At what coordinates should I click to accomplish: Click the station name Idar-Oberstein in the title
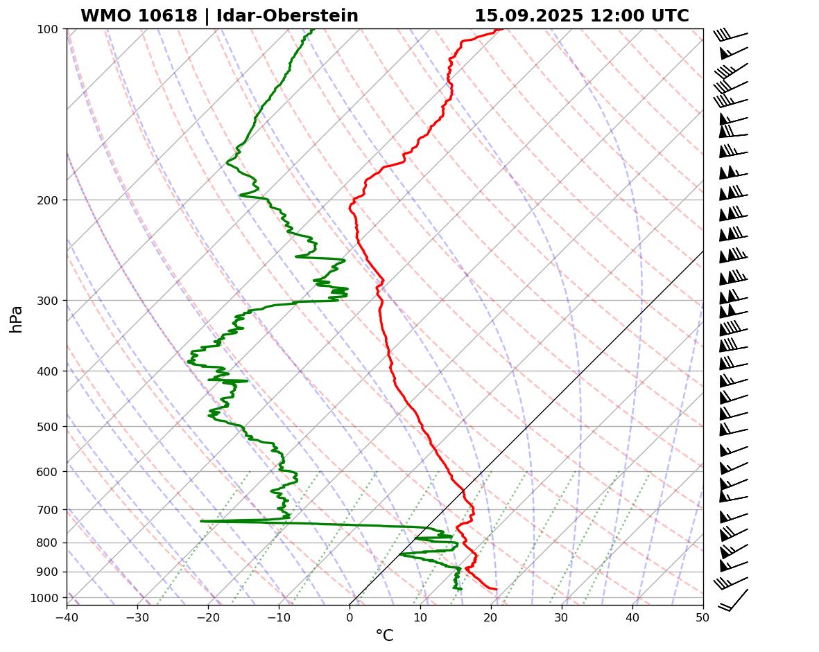pos(288,16)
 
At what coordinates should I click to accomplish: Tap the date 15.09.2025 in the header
pos(529,16)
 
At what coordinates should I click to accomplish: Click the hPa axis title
pos(17,319)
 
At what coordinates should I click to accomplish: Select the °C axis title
pos(384,635)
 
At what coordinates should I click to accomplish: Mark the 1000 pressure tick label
pos(49,598)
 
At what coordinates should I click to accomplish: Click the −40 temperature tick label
pos(67,616)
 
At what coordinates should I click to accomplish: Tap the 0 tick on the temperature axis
pos(350,616)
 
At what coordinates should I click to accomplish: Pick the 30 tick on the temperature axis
pos(562,616)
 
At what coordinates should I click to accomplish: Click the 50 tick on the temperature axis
pos(703,616)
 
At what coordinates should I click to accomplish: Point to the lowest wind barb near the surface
pos(734,600)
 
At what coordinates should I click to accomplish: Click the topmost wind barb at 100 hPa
pos(732,35)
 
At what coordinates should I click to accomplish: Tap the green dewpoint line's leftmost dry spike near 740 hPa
pos(202,521)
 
